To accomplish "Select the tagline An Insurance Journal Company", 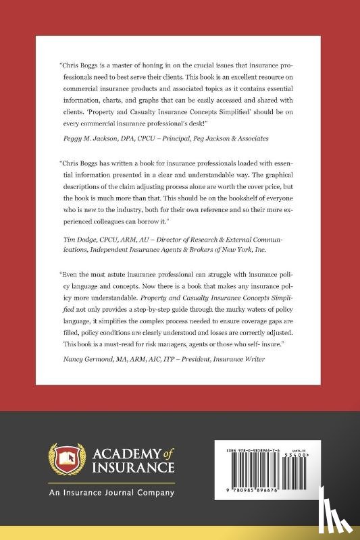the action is [111, 492].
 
